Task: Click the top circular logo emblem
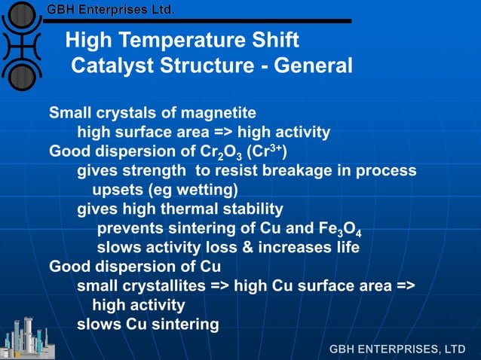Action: [x=23, y=15]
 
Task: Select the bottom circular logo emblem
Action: [x=23, y=75]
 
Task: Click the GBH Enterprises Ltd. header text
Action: [x=111, y=10]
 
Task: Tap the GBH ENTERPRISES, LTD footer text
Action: [x=397, y=349]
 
